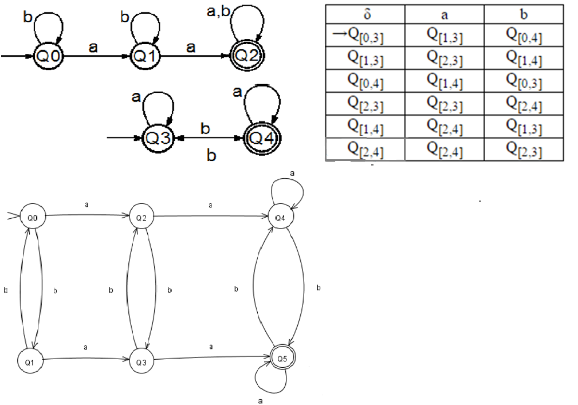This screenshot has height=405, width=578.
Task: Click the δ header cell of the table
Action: tap(365, 14)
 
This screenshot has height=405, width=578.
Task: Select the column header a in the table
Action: tap(445, 14)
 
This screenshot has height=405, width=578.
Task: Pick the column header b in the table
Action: tap(524, 14)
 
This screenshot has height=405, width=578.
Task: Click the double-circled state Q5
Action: tap(282, 359)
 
